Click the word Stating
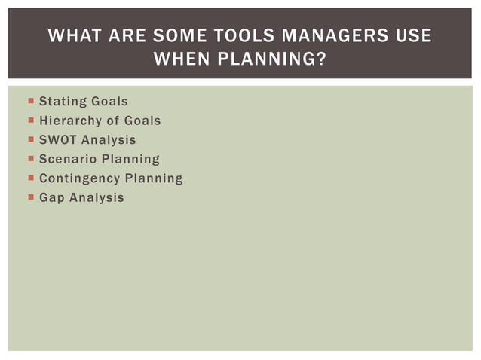[63, 101]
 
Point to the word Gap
[51, 198]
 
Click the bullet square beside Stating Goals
[29, 101]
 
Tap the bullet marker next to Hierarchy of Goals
[29, 121]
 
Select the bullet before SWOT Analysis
[29, 140]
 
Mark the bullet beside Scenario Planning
[29, 159]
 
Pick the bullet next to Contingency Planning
[29, 178]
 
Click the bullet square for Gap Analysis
[29, 198]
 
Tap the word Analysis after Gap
[96, 198]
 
